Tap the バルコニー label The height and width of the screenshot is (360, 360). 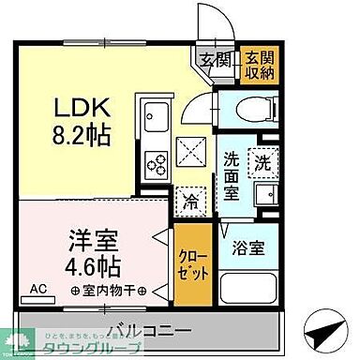[150, 329]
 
